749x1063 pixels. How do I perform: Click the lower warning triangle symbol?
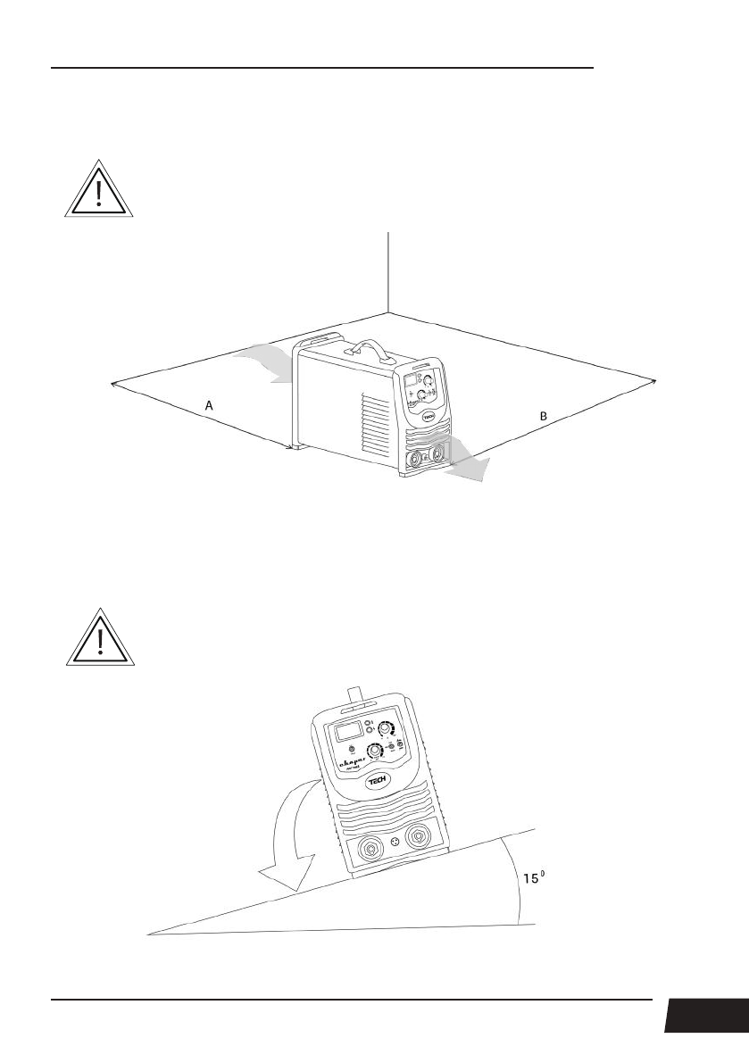pos(100,639)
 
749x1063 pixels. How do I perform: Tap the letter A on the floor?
pos(209,405)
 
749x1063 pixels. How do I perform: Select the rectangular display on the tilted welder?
pos(348,734)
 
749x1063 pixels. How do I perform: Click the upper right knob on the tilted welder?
pos(386,729)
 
